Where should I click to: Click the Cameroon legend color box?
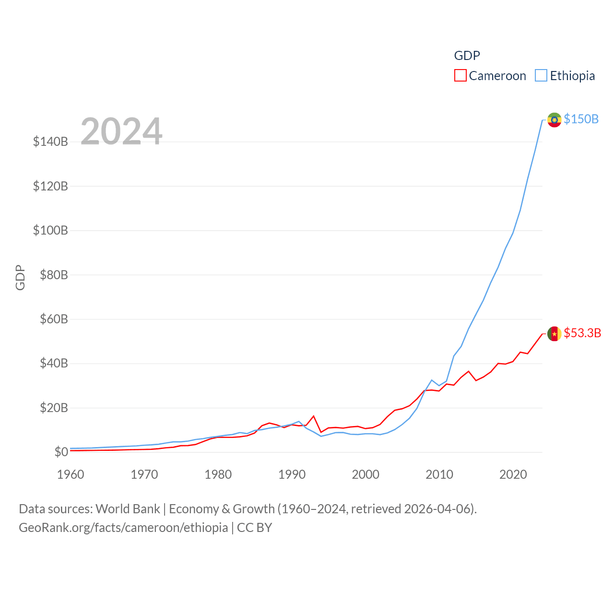[x=460, y=76]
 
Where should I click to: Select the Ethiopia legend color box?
[x=541, y=76]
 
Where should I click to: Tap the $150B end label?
[x=581, y=119]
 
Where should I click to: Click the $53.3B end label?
[x=582, y=333]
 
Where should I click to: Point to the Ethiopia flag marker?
[x=554, y=119]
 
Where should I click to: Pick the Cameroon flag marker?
[x=554, y=333]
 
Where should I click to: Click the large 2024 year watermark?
[x=121, y=131]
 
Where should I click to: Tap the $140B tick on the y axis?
[x=50, y=142]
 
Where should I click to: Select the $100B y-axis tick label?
[x=50, y=230]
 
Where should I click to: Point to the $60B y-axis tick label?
[x=54, y=319]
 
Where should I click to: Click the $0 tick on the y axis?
[x=61, y=452]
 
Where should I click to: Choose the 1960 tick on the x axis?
[x=71, y=474]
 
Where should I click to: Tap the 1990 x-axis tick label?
[x=292, y=474]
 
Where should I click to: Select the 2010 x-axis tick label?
[x=439, y=474]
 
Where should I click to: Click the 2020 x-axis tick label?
[x=513, y=474]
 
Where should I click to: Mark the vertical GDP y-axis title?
[x=20, y=277]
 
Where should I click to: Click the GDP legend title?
[x=467, y=56]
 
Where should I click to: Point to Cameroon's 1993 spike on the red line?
[x=313, y=416]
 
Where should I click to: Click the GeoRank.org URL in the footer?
[x=123, y=528]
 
